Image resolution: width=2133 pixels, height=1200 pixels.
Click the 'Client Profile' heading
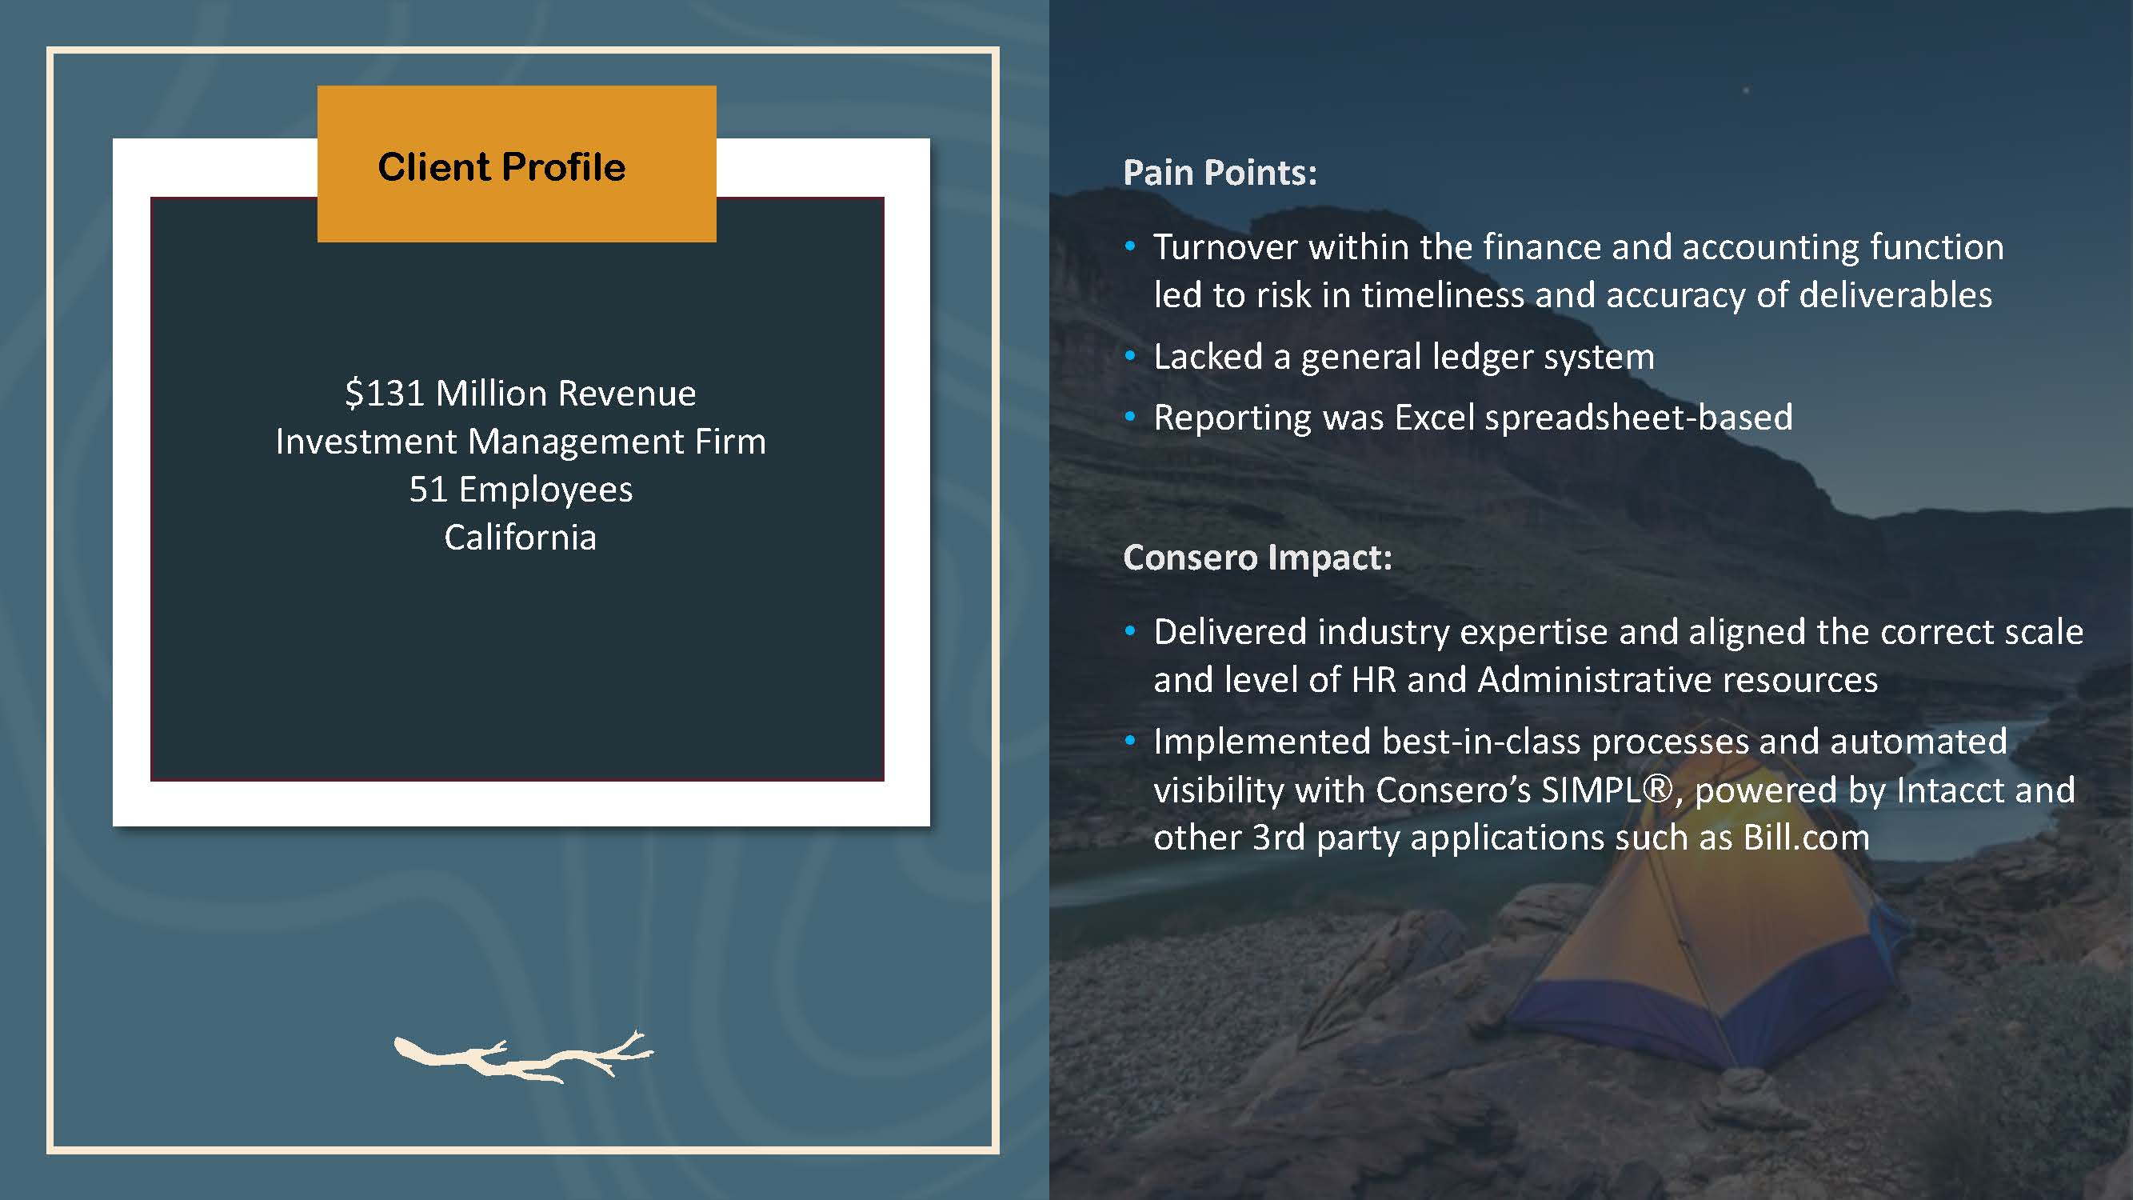501,166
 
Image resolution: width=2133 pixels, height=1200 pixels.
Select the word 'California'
520,538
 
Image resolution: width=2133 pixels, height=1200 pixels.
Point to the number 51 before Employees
428,490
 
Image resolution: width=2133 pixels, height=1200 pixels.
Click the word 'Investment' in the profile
367,442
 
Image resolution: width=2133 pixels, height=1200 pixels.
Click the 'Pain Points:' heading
1220,172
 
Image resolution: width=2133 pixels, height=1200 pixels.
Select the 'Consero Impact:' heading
1257,558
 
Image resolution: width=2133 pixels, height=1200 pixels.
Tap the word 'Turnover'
1224,246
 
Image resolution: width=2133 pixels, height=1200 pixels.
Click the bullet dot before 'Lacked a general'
1130,355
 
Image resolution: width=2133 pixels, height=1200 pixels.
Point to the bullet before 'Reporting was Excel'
1130,417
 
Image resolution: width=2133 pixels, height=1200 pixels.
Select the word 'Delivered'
1232,632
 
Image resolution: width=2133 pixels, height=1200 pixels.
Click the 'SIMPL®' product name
1608,790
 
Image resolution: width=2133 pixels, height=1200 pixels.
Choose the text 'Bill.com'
1806,838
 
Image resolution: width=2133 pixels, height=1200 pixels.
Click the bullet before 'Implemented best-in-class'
1130,742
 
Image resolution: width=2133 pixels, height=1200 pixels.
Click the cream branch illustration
523,1058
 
